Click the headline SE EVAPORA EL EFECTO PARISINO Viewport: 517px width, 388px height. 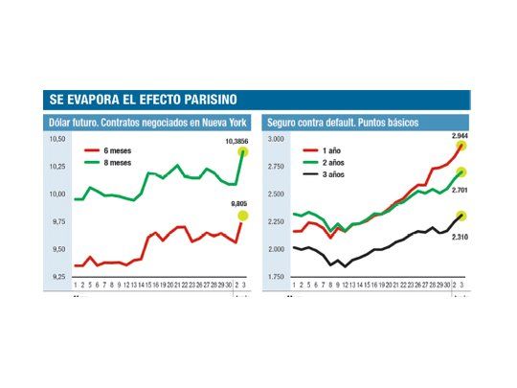click(144, 100)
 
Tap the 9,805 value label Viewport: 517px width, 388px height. click(237, 204)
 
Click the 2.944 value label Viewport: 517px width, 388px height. click(461, 136)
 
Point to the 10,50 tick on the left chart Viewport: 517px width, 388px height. click(57, 140)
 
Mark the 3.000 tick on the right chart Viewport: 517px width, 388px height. click(276, 140)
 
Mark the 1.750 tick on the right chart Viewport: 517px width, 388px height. click(276, 277)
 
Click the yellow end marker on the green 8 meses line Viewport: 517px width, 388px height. click(243, 151)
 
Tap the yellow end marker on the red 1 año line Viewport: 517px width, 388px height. click(461, 147)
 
